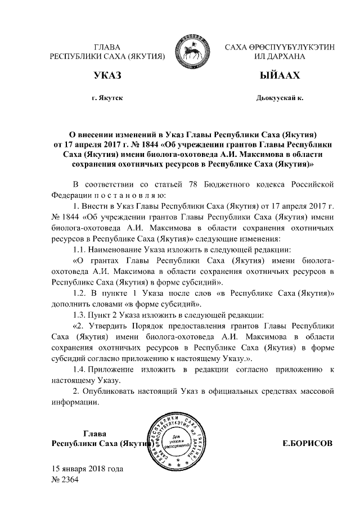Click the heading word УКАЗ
[x=107, y=75]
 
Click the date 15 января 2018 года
[x=87, y=469]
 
